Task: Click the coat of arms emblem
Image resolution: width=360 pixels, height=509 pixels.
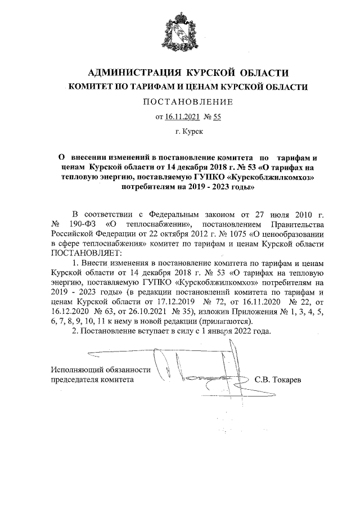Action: [x=179, y=34]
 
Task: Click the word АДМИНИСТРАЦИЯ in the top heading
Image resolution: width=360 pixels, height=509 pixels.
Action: [x=129, y=73]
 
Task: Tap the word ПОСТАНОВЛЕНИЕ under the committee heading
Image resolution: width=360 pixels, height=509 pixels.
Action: [x=180, y=102]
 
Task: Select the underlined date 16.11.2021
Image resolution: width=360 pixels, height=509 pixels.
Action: [x=183, y=117]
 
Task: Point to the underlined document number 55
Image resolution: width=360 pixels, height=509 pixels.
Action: [x=216, y=117]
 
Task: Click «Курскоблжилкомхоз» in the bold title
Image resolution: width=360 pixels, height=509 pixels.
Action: [x=268, y=178]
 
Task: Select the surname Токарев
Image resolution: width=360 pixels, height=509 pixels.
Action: [x=287, y=380]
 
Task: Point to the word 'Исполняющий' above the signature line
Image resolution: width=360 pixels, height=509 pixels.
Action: [x=75, y=370]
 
